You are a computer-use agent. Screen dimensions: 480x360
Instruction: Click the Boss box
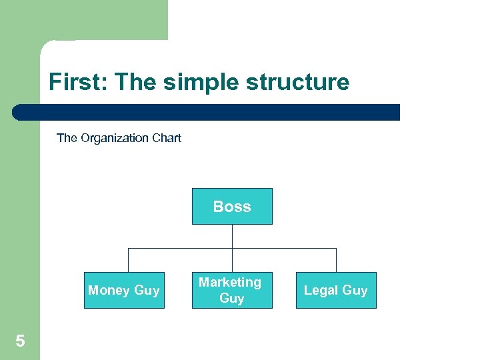[x=232, y=206]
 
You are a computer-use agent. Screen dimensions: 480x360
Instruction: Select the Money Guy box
[x=124, y=290]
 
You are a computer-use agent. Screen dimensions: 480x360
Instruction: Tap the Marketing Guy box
[x=232, y=290]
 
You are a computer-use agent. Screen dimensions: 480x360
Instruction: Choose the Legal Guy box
[x=336, y=290]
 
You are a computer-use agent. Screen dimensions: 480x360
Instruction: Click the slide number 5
[x=20, y=341]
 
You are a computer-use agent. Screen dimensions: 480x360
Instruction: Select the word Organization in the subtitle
[x=112, y=138]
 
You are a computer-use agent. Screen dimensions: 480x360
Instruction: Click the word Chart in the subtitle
[x=166, y=138]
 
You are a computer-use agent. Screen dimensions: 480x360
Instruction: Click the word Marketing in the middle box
[x=230, y=282]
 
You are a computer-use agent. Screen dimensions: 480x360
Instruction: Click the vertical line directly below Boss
[x=232, y=236]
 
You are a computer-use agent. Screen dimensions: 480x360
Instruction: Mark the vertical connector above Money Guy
[x=128, y=260]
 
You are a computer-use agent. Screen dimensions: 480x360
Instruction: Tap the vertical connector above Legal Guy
[x=336, y=260]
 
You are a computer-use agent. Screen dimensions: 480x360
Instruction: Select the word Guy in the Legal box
[x=355, y=290]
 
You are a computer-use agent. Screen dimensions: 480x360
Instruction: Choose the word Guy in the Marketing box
[x=232, y=298]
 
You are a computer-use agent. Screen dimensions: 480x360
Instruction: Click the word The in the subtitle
[x=67, y=138]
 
